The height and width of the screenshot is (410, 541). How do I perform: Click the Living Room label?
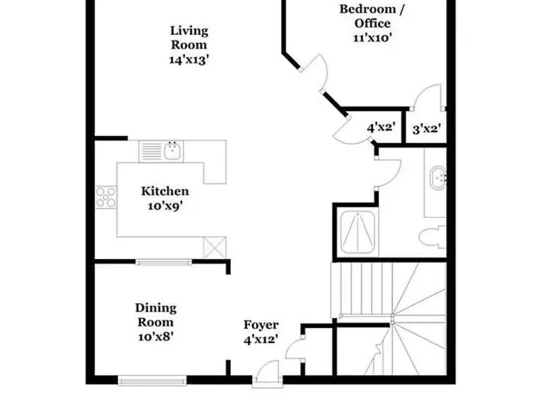tap(189, 38)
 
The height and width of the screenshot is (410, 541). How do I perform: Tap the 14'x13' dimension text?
tap(189, 60)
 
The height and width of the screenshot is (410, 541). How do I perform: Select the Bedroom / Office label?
tap(372, 16)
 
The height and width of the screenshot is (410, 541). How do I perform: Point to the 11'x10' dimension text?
tap(372, 37)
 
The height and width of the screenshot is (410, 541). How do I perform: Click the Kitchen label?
tap(165, 191)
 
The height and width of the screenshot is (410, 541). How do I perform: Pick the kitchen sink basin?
tap(173, 151)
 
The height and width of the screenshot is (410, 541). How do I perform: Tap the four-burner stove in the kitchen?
tap(106, 197)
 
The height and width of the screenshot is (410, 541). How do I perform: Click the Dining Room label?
tap(156, 315)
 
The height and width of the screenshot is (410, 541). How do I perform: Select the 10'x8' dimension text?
tap(156, 337)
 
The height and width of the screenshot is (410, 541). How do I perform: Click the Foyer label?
tap(261, 325)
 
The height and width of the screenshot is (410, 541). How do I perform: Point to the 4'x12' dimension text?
tap(261, 340)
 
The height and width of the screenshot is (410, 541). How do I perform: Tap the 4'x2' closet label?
tap(381, 127)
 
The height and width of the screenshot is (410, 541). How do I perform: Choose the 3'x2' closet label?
tap(427, 129)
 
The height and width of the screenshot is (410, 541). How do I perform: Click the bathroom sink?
tap(438, 178)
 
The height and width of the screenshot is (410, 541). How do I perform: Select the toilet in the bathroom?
tap(433, 237)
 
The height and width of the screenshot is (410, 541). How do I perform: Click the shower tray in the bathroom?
tap(358, 232)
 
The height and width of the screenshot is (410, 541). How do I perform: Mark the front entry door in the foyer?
tap(266, 374)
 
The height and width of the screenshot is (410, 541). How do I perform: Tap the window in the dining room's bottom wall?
tap(152, 381)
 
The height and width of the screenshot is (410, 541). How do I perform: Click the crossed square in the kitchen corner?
tap(214, 248)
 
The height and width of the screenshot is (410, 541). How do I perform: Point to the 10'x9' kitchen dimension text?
tap(165, 206)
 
